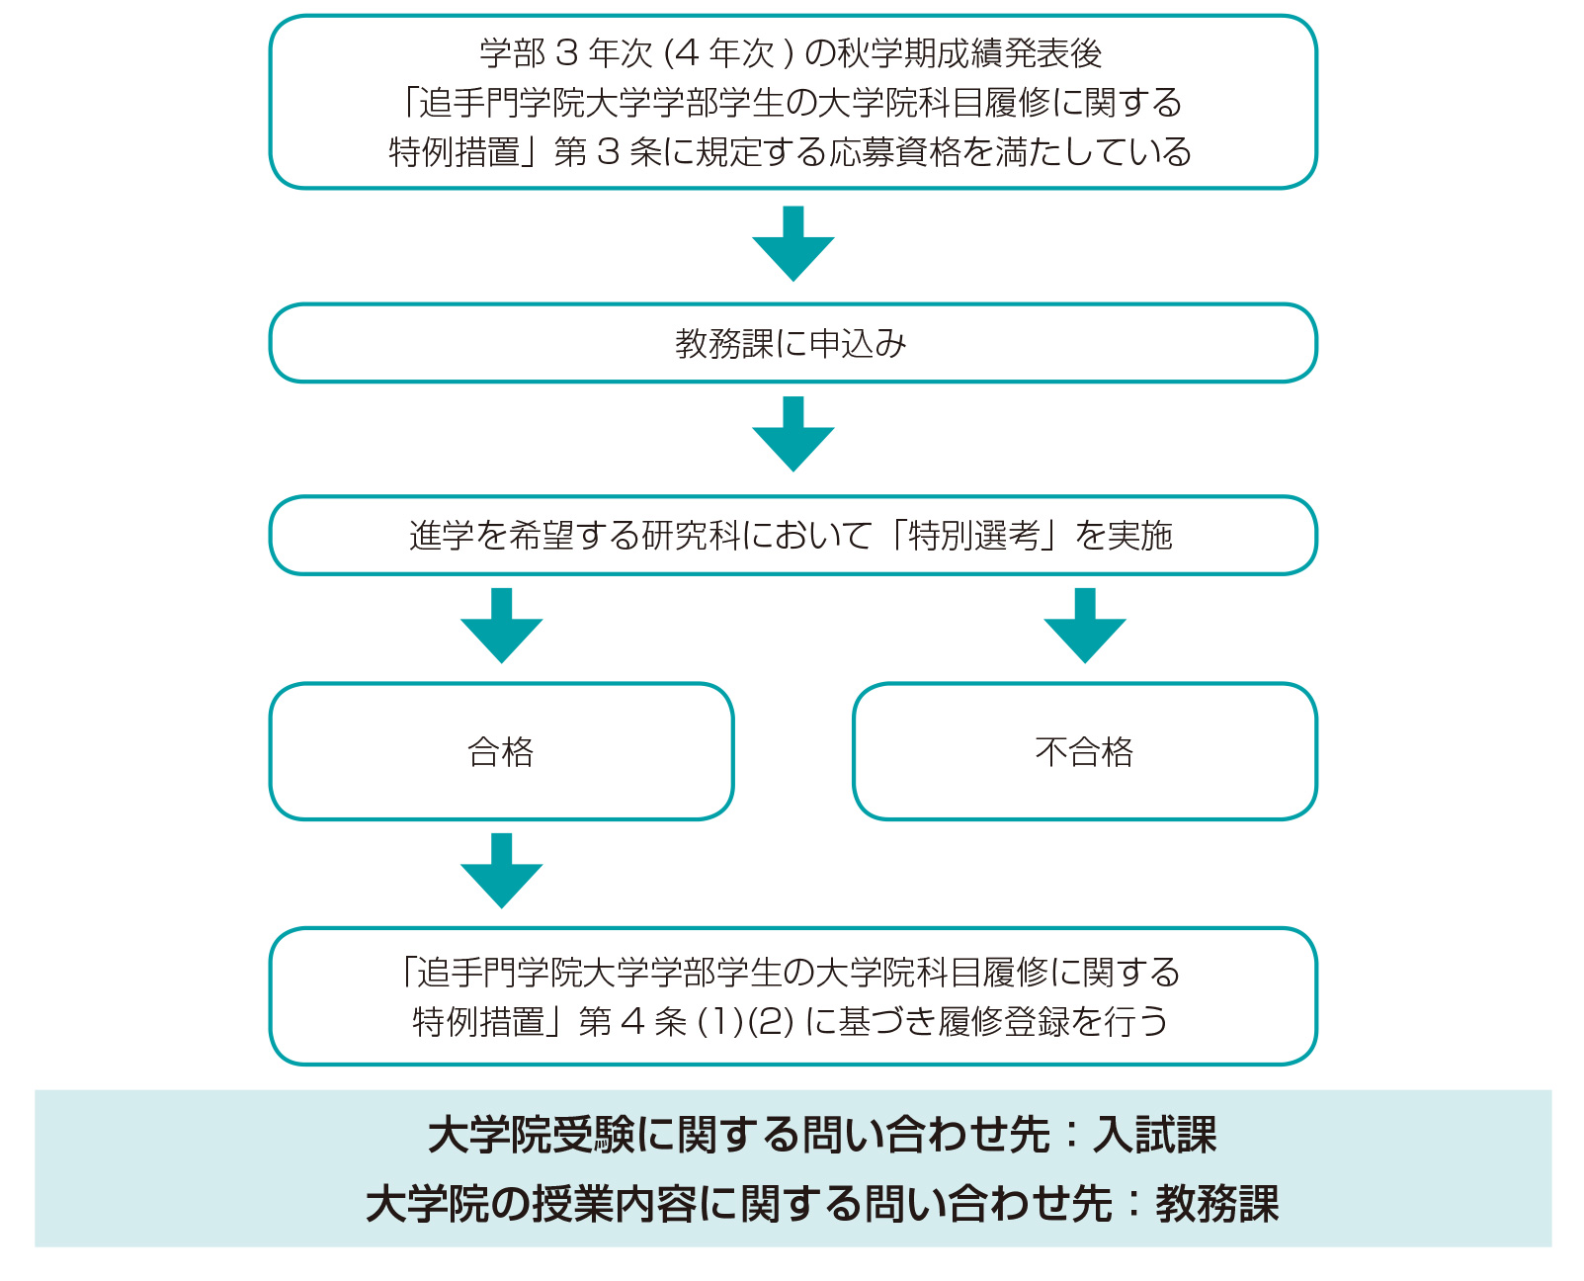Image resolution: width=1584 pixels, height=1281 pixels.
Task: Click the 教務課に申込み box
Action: (792, 343)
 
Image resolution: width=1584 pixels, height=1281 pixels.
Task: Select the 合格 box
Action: (501, 751)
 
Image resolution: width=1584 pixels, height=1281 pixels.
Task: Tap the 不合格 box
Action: (1084, 751)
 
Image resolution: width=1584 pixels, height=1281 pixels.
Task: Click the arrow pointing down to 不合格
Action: (1084, 625)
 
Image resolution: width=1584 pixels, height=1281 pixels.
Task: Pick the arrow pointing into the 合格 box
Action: (501, 625)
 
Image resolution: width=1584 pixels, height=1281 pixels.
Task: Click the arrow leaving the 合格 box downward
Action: (501, 870)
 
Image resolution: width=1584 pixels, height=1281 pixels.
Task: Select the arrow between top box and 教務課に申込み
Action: (792, 243)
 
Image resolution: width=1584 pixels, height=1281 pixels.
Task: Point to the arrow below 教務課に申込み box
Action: (792, 434)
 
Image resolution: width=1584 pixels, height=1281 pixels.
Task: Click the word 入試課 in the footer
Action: (1154, 1135)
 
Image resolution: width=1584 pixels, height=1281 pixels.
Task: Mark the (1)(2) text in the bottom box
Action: (746, 1021)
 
